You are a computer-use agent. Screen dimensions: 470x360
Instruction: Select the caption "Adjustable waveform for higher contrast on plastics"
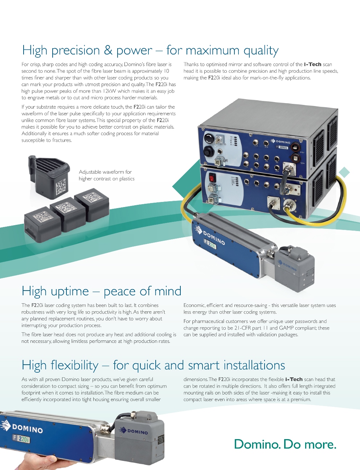[106, 175]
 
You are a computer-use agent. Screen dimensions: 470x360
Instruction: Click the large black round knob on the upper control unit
[209, 138]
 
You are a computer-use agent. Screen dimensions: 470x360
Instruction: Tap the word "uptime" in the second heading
[70, 291]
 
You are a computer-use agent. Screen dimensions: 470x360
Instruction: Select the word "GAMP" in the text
[286, 328]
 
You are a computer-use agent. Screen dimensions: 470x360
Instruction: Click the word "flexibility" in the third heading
[74, 365]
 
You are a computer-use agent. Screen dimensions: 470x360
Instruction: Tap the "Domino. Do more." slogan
[285, 444]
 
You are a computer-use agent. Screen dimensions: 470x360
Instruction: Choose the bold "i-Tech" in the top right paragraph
[312, 64]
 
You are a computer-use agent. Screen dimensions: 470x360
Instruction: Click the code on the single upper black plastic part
[61, 186]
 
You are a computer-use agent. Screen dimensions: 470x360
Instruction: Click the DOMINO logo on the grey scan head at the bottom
[134, 431]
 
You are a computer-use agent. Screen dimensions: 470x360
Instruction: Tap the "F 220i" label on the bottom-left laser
[21, 438]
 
